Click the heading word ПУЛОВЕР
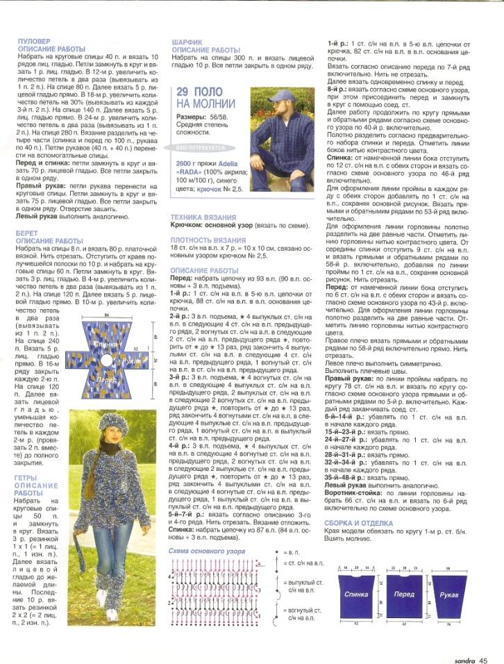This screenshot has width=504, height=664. point(33,42)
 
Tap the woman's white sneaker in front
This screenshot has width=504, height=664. point(112,614)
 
